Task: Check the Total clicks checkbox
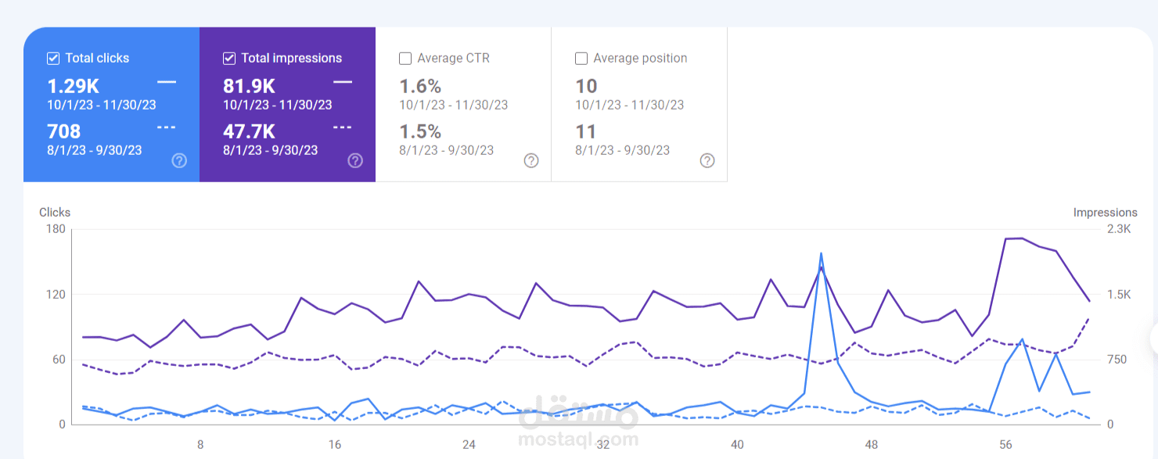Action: pos(53,59)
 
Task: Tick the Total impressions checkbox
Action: pos(229,59)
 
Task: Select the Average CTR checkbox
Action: pos(405,59)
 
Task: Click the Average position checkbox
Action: pos(581,59)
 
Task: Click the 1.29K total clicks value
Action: pos(73,86)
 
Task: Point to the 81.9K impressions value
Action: pos(249,86)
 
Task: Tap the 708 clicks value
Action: pos(63,131)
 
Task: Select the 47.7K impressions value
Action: pos(249,131)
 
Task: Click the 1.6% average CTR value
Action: pos(419,86)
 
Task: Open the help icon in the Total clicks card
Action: pos(179,161)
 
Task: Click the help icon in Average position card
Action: pos(707,161)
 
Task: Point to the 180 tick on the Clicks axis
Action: pos(56,229)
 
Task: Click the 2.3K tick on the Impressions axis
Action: pos(1119,229)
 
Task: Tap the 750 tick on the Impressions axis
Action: pos(1117,359)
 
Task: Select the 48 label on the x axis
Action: pos(871,444)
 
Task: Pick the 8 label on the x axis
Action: pos(200,444)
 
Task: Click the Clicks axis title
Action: pos(55,213)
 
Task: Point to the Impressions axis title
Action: pos(1106,213)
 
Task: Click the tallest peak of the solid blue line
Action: pos(821,253)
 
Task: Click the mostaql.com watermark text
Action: pos(578,439)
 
